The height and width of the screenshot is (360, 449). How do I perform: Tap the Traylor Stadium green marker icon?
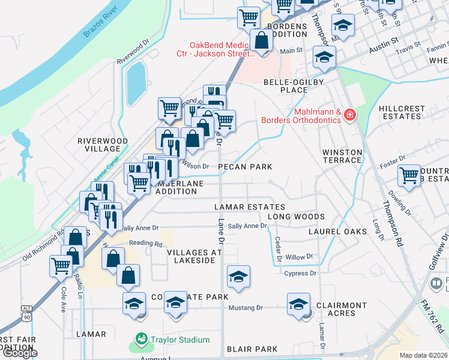[142, 340]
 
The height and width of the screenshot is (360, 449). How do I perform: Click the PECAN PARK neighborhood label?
[245, 167]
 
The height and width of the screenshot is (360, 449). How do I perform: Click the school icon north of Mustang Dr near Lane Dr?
[239, 277]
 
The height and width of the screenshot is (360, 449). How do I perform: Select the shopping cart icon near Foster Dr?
[409, 176]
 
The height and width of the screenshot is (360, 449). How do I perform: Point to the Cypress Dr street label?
[301, 274]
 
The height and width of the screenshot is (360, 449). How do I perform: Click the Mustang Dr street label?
[246, 308]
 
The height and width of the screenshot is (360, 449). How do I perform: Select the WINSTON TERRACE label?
[342, 156]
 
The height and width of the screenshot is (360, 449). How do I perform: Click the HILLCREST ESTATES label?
[402, 113]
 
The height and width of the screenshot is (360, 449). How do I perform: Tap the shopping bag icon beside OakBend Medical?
[262, 42]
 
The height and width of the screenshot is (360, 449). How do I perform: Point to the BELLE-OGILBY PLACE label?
[286, 86]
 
